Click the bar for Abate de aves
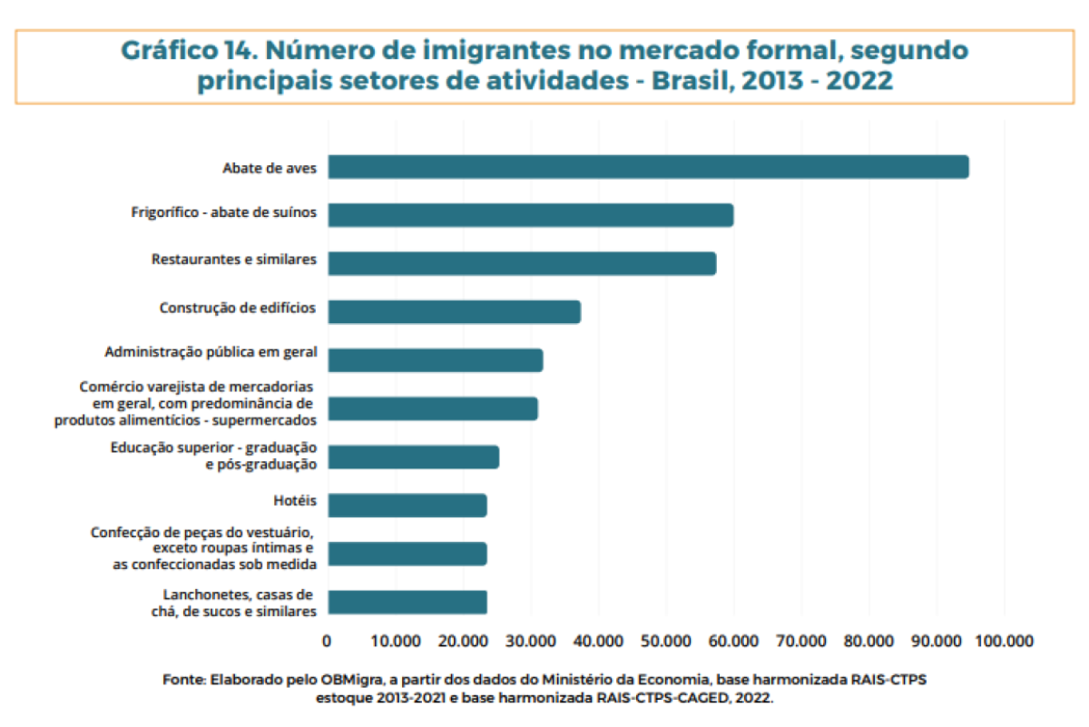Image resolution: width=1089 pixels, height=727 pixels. [x=648, y=167]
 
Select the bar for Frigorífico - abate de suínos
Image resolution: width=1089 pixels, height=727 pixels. [x=530, y=215]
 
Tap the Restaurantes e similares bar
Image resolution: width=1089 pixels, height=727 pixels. [x=522, y=263]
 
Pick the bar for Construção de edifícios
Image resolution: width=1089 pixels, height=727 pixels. [x=454, y=311]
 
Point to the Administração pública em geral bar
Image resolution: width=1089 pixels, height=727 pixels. [x=435, y=360]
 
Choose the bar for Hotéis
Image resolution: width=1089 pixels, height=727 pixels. [x=407, y=506]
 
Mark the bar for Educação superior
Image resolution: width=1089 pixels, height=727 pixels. [x=413, y=457]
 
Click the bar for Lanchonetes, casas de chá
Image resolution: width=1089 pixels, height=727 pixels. [x=407, y=602]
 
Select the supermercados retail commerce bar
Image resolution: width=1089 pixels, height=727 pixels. [x=432, y=408]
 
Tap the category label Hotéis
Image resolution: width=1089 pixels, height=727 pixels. [x=294, y=499]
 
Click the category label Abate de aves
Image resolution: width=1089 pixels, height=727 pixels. [x=269, y=168]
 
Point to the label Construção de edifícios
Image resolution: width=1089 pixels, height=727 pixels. [x=237, y=308]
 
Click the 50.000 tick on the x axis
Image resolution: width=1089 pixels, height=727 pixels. [x=665, y=641]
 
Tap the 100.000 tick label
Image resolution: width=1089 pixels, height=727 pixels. [x=1003, y=641]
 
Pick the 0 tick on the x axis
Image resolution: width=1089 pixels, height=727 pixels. [x=328, y=641]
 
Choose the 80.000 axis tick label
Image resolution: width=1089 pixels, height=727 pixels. [x=868, y=641]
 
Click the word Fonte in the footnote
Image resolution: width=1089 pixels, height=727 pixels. [x=183, y=679]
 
